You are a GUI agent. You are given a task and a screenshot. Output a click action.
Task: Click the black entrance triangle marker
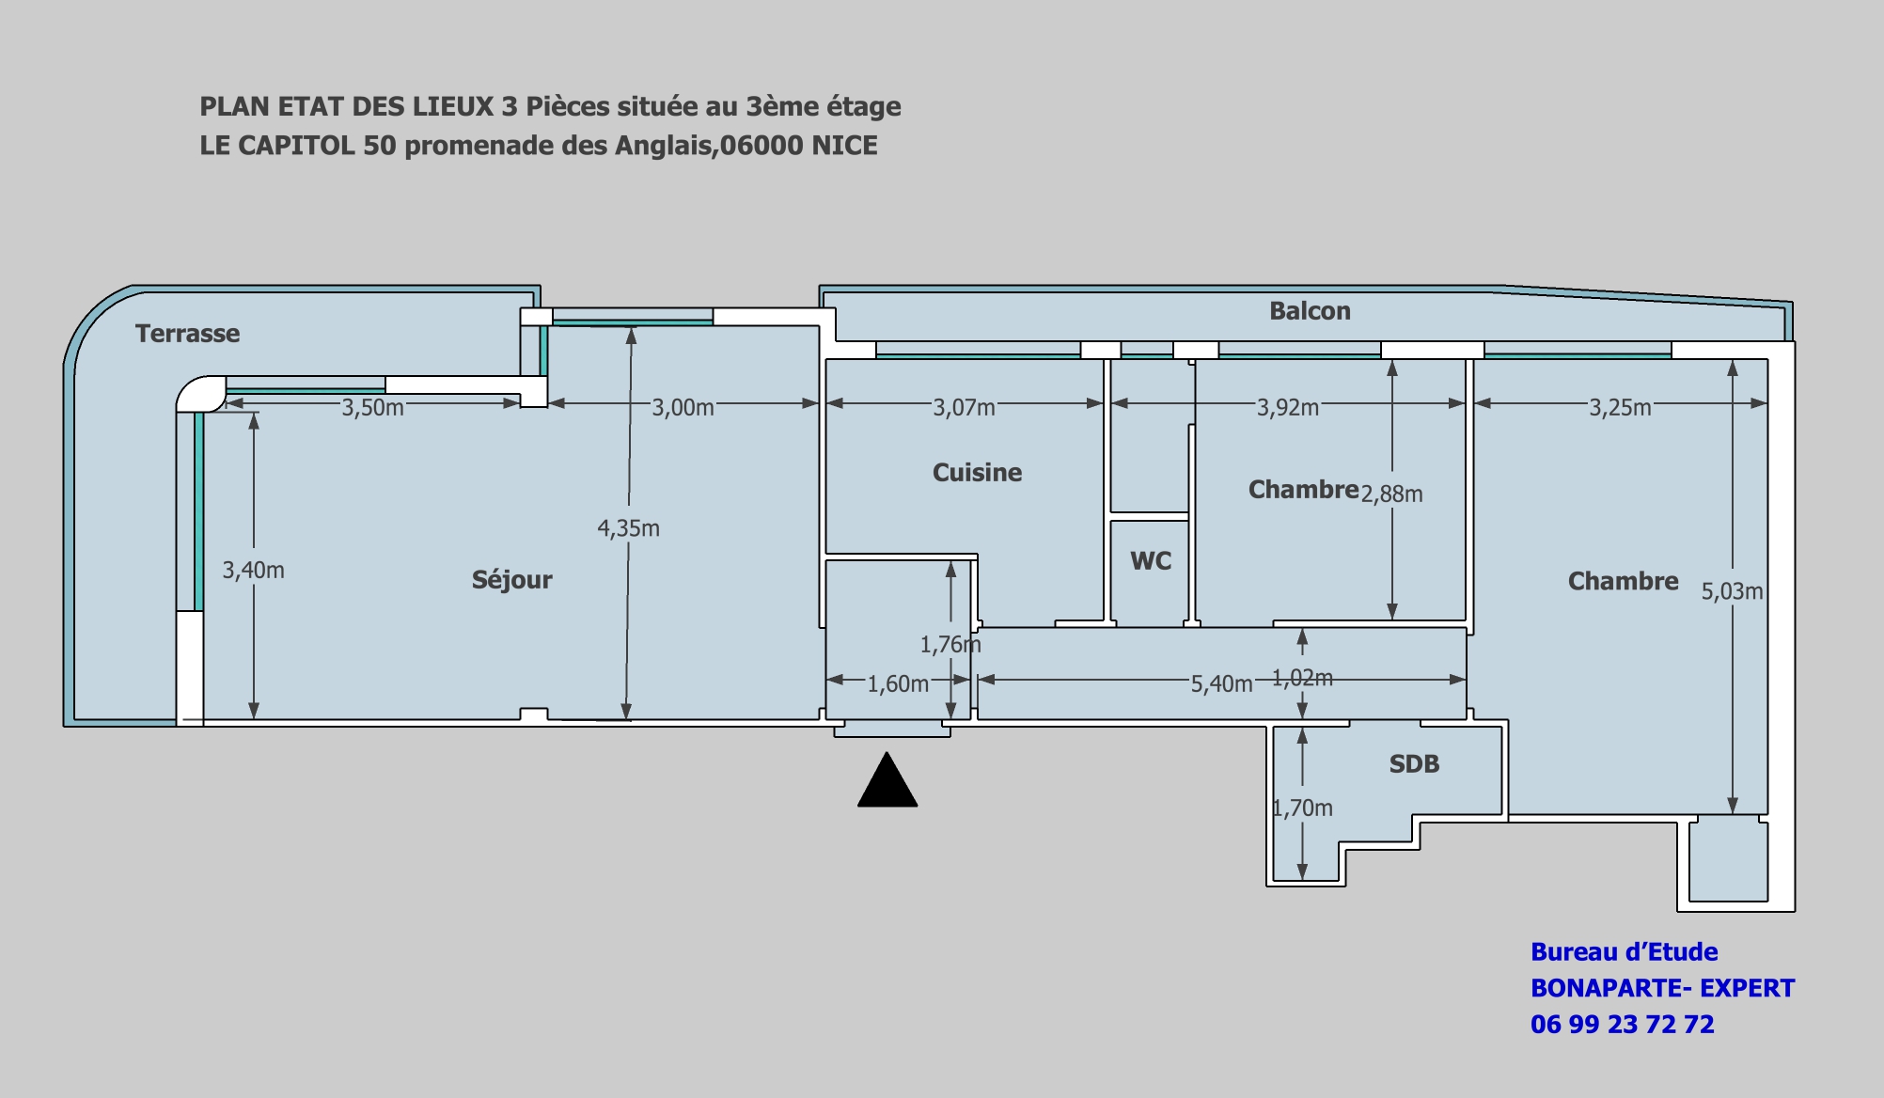tap(887, 780)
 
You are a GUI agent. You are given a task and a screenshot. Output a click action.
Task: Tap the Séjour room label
tap(512, 580)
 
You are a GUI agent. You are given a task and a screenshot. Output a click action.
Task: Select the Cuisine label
tap(977, 472)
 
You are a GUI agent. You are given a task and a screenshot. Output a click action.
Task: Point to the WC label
tap(1151, 561)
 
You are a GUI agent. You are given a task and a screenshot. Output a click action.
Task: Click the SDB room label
tap(1414, 764)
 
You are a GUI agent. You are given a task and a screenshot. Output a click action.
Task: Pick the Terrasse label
tap(187, 334)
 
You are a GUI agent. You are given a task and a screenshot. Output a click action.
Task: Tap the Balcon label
tap(1310, 311)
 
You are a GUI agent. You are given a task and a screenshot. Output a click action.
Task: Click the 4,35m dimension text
tap(628, 528)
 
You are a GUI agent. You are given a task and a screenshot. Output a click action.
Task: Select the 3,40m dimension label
tap(253, 570)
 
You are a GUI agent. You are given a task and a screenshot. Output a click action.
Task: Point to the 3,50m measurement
tap(372, 407)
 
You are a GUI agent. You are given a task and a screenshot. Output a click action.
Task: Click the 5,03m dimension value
tap(1732, 591)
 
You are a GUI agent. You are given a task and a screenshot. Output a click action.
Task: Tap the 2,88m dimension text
tap(1391, 494)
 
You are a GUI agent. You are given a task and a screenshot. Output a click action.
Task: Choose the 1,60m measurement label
tap(898, 683)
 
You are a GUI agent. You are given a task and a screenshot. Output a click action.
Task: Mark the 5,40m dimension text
tap(1221, 683)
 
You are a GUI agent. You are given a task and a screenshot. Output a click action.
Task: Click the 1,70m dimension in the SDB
tap(1302, 808)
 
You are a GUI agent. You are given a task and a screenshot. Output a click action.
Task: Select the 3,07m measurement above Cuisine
tap(964, 407)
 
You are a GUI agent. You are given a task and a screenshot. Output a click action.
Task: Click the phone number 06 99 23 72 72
tap(1623, 1024)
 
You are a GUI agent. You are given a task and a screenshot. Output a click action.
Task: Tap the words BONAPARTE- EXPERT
tap(1663, 988)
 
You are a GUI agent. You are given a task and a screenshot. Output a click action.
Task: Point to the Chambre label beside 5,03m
tap(1623, 581)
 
